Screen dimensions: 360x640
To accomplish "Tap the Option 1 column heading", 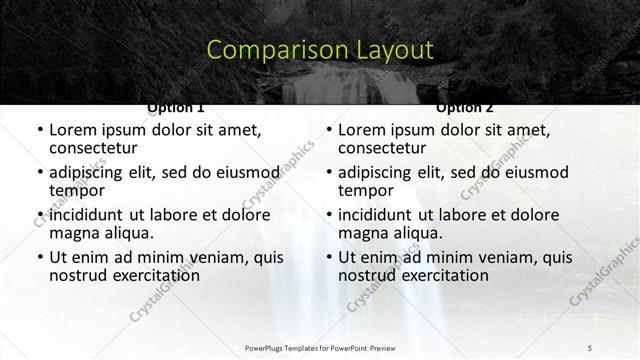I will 176,107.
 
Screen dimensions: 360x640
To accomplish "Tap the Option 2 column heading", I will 464,107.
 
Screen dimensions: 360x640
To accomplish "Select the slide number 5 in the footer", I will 590,347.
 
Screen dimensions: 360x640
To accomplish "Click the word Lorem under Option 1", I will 72,130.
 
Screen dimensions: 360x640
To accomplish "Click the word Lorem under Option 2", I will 361,130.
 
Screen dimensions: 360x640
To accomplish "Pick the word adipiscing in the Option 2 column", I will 377,172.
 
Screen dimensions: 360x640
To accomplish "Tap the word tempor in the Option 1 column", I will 77,190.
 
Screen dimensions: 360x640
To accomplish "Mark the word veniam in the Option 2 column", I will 485,257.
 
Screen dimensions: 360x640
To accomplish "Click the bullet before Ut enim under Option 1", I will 39,257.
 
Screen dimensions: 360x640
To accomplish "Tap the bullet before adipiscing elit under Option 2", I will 328,172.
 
